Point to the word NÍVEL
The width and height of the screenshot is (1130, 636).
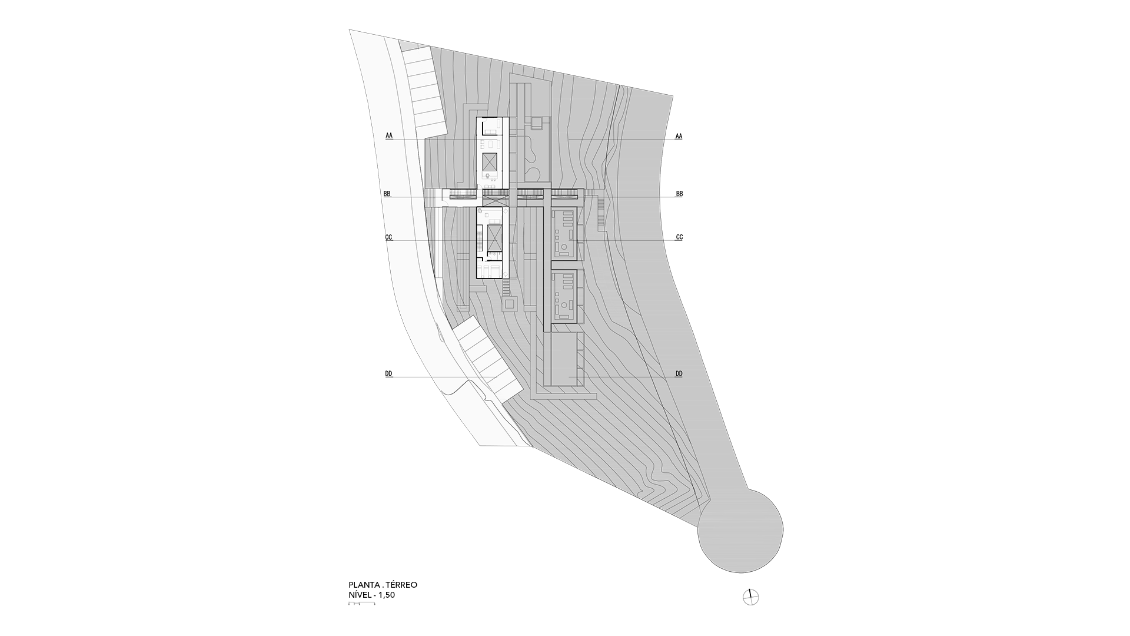point(361,595)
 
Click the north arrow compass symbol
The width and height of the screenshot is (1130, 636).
point(751,597)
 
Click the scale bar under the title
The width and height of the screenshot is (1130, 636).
point(361,604)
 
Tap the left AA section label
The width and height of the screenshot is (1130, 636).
point(389,136)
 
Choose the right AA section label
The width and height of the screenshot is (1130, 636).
point(679,136)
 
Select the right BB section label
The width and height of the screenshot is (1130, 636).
point(679,194)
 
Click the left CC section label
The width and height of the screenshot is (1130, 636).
point(388,237)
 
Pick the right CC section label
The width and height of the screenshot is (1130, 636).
point(679,237)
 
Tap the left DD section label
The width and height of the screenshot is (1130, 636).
point(388,374)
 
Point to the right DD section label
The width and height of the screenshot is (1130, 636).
point(679,374)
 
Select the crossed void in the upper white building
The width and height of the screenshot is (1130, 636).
point(490,161)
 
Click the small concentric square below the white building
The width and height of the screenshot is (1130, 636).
point(509,304)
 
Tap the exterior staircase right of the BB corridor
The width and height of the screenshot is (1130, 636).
point(600,213)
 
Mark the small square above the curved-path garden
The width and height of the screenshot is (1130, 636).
point(536,123)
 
